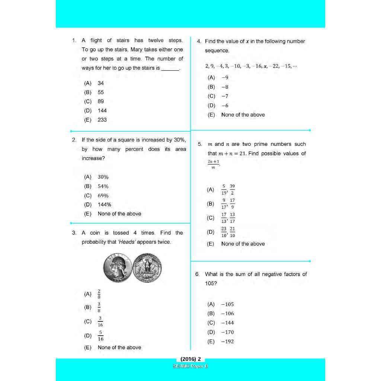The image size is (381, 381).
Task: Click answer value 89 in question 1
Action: click(x=101, y=102)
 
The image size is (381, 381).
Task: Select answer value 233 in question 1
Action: click(x=102, y=120)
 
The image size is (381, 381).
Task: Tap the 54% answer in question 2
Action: click(x=103, y=186)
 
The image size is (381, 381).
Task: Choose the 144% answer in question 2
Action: click(x=104, y=205)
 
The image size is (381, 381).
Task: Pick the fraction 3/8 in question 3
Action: click(x=99, y=307)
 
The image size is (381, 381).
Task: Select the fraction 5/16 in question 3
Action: click(x=100, y=336)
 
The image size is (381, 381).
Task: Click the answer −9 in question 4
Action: click(x=225, y=78)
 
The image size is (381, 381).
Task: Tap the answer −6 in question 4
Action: click(x=225, y=106)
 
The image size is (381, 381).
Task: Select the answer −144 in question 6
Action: click(x=227, y=323)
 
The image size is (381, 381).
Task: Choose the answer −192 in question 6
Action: click(x=227, y=342)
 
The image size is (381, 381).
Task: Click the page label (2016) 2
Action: click(x=190, y=359)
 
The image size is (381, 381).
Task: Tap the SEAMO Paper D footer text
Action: click(x=190, y=366)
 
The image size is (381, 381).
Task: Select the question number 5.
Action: click(x=200, y=144)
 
